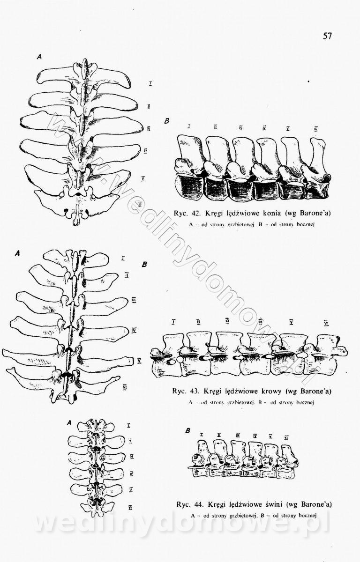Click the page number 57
pyautogui.click(x=327, y=36)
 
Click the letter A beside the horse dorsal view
pyautogui.click(x=40, y=56)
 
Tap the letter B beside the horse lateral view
pyautogui.click(x=167, y=121)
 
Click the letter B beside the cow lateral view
pyautogui.click(x=145, y=265)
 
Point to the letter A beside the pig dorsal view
pyautogui.click(x=69, y=422)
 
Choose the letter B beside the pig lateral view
pyautogui.click(x=187, y=430)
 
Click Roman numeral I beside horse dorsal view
pyautogui.click(x=150, y=83)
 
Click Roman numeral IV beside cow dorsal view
pyautogui.click(x=134, y=330)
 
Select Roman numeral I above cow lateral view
pyautogui.click(x=173, y=322)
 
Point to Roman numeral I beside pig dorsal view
pyautogui.click(x=128, y=425)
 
